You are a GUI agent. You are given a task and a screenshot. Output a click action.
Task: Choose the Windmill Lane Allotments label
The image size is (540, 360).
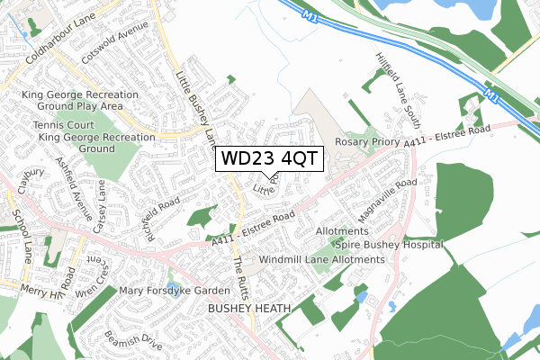coord(321,260)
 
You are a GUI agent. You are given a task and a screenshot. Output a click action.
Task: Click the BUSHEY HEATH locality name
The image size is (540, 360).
coord(250,309)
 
